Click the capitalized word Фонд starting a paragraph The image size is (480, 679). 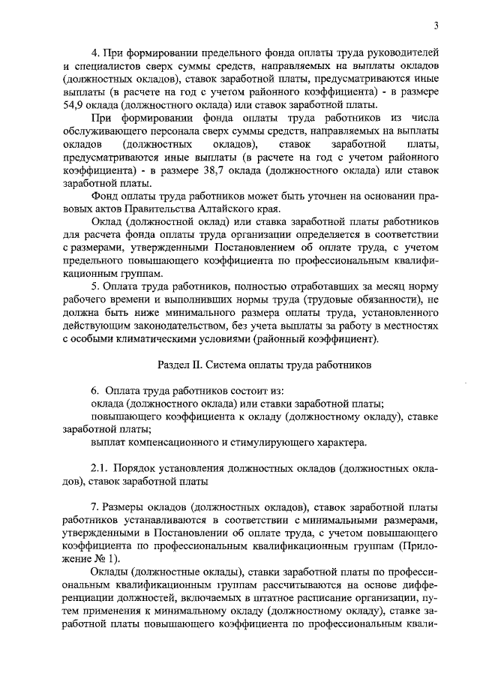[105, 196]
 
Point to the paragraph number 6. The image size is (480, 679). [94, 391]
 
